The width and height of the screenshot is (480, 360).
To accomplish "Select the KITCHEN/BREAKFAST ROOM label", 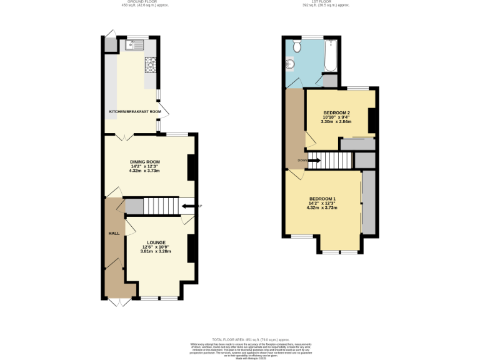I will pyautogui.click(x=135, y=112).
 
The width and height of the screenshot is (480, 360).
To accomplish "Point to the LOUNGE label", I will pyautogui.click(x=156, y=242).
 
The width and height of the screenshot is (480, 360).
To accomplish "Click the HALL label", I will pyautogui.click(x=114, y=233).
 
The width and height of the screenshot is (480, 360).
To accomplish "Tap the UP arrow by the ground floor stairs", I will pyautogui.click(x=187, y=206).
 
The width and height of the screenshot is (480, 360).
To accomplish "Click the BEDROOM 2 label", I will pyautogui.click(x=336, y=112).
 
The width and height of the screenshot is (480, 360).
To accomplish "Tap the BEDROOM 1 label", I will pyautogui.click(x=322, y=199).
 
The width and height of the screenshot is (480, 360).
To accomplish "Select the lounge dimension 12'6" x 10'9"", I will pyautogui.click(x=156, y=247).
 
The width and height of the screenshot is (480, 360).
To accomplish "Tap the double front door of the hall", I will pyautogui.click(x=117, y=302).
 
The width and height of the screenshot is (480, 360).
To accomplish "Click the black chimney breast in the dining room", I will pyautogui.click(x=192, y=167).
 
